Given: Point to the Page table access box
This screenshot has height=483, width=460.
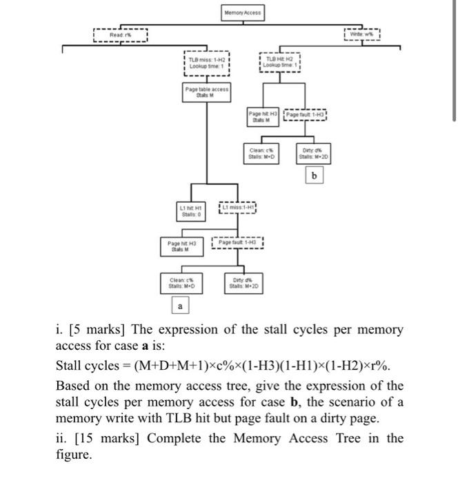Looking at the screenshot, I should [207, 93].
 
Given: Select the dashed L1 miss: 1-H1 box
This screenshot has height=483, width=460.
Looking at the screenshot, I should [237, 206].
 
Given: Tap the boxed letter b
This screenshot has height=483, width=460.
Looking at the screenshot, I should [314, 176].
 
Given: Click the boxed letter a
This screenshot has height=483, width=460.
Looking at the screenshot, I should [180, 304].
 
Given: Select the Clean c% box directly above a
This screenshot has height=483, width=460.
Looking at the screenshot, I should [182, 281].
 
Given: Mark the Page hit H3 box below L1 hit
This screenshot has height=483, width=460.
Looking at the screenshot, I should [182, 245].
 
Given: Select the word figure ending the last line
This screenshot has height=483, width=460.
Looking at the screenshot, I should [72, 455].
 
